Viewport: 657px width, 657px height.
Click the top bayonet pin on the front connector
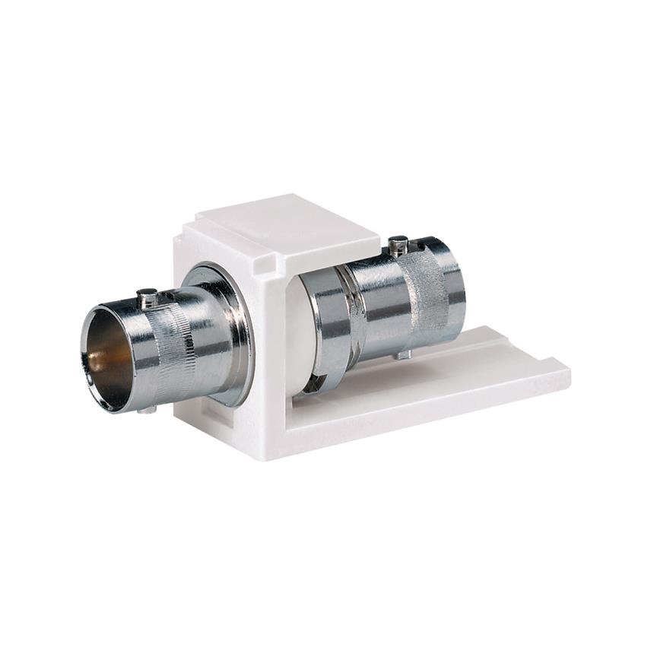pos(147,296)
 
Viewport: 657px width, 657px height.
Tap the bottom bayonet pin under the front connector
pos(149,409)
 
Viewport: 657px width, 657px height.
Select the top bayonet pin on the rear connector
pos(398,244)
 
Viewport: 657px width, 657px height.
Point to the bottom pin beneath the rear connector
pos(404,354)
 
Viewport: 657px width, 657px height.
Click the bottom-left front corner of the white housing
pos(179,415)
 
